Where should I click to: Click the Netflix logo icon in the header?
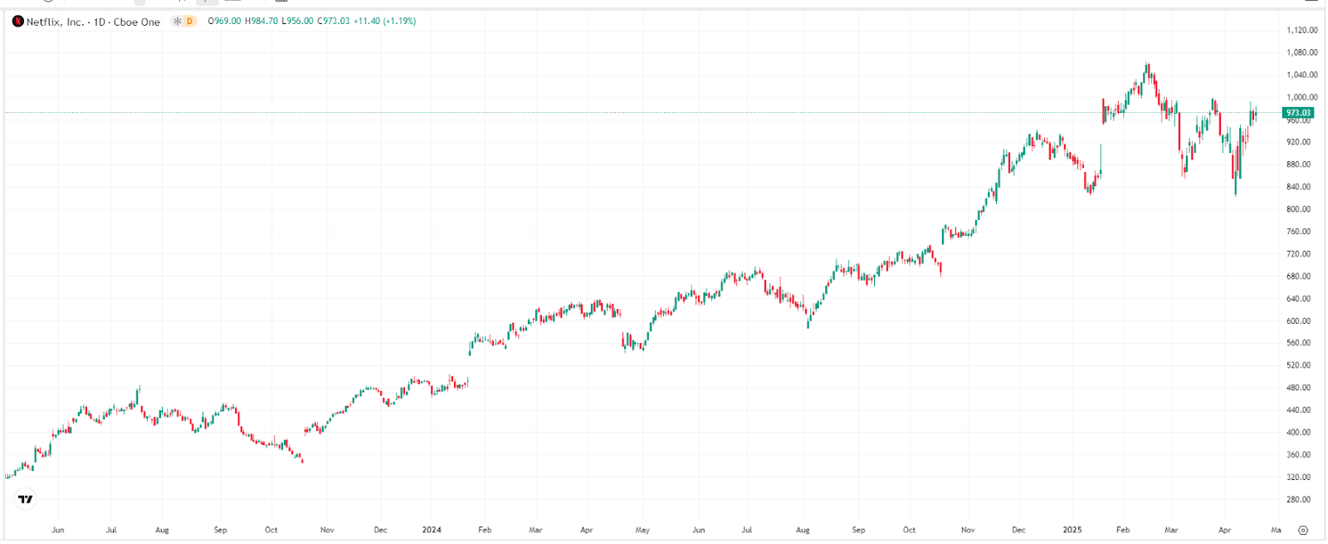[18, 22]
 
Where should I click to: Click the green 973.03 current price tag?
[1298, 113]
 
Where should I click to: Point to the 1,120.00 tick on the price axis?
[1301, 30]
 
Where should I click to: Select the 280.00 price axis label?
[1298, 500]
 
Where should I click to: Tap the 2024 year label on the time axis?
[432, 530]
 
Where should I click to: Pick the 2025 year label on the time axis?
[1072, 530]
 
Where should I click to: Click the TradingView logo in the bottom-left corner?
[26, 499]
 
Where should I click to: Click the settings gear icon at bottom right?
[1303, 530]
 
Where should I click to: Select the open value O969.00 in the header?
[224, 22]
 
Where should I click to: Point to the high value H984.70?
[261, 22]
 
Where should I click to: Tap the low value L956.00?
[297, 22]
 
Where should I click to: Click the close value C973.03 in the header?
[334, 22]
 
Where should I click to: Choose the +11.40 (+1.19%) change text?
[385, 22]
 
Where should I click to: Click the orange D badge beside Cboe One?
[189, 22]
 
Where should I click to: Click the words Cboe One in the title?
[137, 22]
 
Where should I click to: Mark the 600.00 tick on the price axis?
[1298, 321]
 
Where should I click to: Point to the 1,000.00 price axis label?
[1301, 97]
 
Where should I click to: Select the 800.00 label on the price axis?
[1298, 209]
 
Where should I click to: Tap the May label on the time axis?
[642, 530]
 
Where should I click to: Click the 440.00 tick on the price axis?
[1298, 410]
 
